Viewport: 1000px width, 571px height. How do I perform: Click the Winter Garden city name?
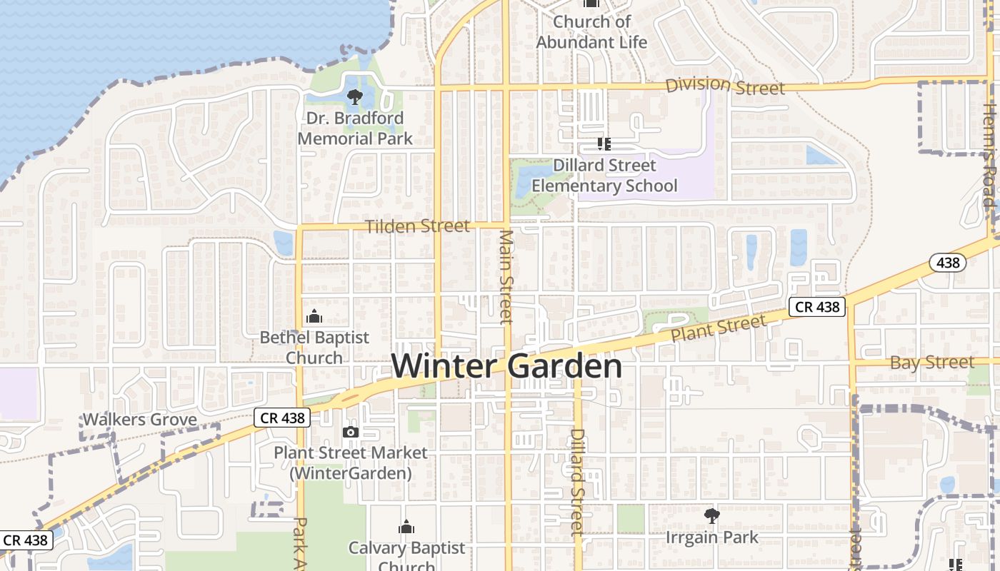[506, 366]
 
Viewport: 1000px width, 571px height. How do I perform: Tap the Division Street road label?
[725, 86]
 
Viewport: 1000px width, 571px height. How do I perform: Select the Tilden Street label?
[418, 226]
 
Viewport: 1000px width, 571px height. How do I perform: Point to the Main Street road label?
[506, 276]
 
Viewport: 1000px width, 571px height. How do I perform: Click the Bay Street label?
[931, 363]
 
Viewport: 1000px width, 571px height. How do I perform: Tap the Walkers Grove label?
[140, 420]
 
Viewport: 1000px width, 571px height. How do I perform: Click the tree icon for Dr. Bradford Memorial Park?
[354, 97]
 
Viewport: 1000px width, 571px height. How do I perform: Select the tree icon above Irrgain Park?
[711, 515]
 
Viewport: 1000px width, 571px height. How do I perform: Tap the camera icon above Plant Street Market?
[350, 432]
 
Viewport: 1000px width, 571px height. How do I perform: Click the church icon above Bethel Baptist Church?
[314, 316]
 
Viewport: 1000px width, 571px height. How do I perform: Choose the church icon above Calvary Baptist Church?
[406, 527]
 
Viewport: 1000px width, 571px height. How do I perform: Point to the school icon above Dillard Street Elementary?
[604, 144]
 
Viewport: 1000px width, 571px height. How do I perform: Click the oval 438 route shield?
[948, 263]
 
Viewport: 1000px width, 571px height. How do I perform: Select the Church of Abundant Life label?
[591, 32]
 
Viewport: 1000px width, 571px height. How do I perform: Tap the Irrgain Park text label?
[711, 537]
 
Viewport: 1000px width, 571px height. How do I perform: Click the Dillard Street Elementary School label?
[604, 176]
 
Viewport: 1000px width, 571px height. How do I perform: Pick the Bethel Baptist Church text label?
[314, 347]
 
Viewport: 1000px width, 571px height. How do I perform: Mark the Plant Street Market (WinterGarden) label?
[351, 463]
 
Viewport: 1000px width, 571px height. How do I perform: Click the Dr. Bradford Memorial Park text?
[354, 128]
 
